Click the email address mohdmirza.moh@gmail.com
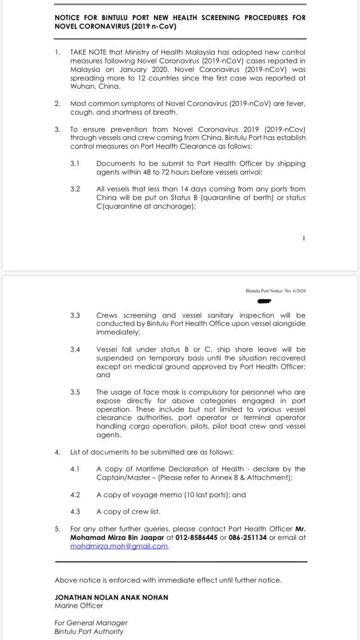click(x=119, y=546)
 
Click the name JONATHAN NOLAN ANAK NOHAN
click(x=111, y=597)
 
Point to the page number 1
click(x=304, y=238)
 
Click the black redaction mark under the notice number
click(x=264, y=301)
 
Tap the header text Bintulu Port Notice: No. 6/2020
click(x=276, y=291)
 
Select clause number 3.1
click(x=75, y=164)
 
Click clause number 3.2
click(x=75, y=189)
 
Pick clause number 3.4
click(x=75, y=350)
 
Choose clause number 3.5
click(x=75, y=392)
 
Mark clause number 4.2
click(x=75, y=495)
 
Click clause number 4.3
click(x=75, y=512)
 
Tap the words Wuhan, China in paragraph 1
click(x=95, y=87)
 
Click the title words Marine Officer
click(x=79, y=605)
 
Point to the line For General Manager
click(x=91, y=623)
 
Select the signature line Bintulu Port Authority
click(x=89, y=631)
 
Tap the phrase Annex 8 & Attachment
click(x=252, y=477)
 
